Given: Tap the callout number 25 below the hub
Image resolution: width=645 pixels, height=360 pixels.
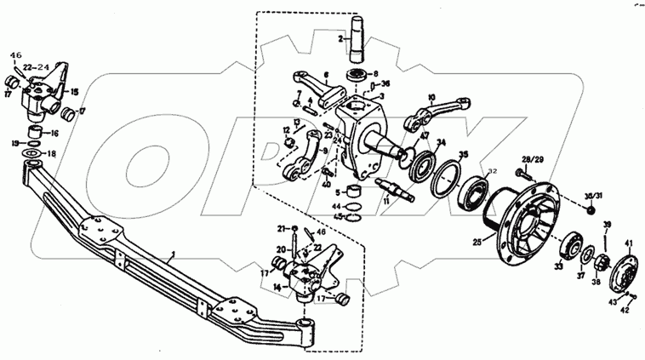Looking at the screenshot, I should pyautogui.click(x=477, y=243).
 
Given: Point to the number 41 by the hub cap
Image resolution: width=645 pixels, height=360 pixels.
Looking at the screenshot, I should pyautogui.click(x=630, y=243).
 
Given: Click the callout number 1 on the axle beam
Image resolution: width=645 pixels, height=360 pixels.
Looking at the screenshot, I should pyautogui.click(x=173, y=254).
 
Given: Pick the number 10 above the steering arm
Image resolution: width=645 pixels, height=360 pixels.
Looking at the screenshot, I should pyautogui.click(x=431, y=98).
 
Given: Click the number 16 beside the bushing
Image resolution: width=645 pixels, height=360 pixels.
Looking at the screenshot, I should pyautogui.click(x=54, y=134).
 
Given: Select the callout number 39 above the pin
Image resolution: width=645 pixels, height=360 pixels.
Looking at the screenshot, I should pyautogui.click(x=606, y=224).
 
